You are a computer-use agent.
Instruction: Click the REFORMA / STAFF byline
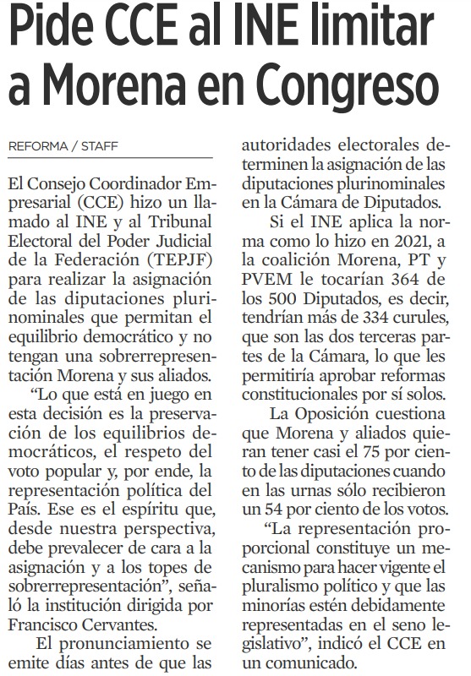click(x=63, y=146)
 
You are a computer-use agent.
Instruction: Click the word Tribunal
click(x=188, y=221)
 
